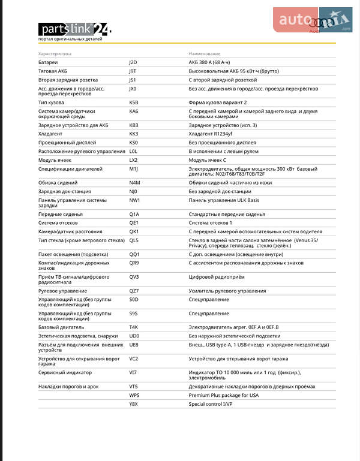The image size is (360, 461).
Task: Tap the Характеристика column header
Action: click(55, 54)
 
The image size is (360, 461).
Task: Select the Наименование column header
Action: click(205, 54)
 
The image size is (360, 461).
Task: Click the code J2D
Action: click(133, 62)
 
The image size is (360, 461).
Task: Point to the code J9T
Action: click(133, 71)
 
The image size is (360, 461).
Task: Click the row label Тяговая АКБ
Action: click(53, 71)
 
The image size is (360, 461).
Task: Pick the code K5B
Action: click(133, 103)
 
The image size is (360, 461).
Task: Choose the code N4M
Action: click(134, 182)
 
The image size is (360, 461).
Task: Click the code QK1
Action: click(134, 231)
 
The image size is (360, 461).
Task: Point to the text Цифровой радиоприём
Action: click(217, 277)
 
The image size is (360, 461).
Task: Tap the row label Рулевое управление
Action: click(63, 290)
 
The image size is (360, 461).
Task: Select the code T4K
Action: click(133, 327)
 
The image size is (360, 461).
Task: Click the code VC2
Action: click(133, 359)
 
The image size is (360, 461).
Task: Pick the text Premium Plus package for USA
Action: click(223, 396)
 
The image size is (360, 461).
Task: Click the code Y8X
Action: click(133, 404)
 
